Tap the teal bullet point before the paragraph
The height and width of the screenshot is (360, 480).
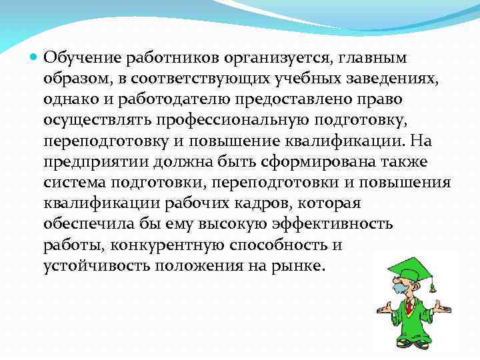[34, 59]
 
